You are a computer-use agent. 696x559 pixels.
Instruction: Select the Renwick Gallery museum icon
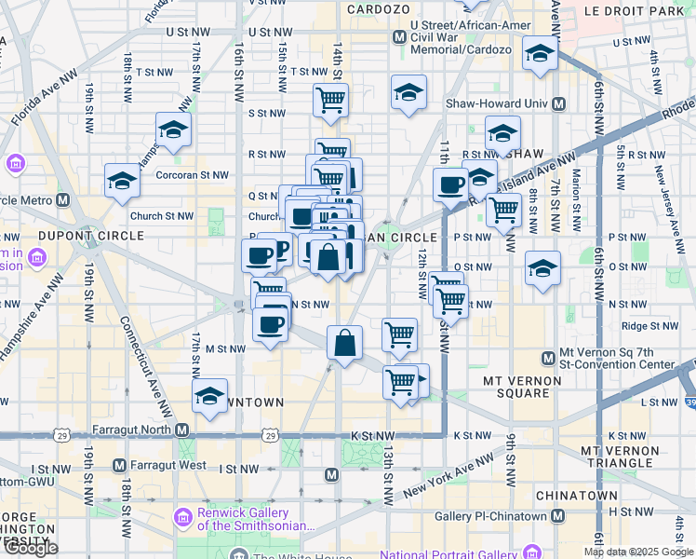[182, 516]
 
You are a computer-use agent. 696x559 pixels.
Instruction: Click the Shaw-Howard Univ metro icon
[560, 104]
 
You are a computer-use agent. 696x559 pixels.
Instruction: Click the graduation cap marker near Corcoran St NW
[122, 181]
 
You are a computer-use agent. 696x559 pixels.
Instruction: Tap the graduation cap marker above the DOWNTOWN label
[210, 396]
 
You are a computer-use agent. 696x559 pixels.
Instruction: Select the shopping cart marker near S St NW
[330, 100]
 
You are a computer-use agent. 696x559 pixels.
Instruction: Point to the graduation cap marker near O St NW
[542, 268]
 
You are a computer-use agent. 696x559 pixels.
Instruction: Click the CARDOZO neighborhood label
[379, 8]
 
